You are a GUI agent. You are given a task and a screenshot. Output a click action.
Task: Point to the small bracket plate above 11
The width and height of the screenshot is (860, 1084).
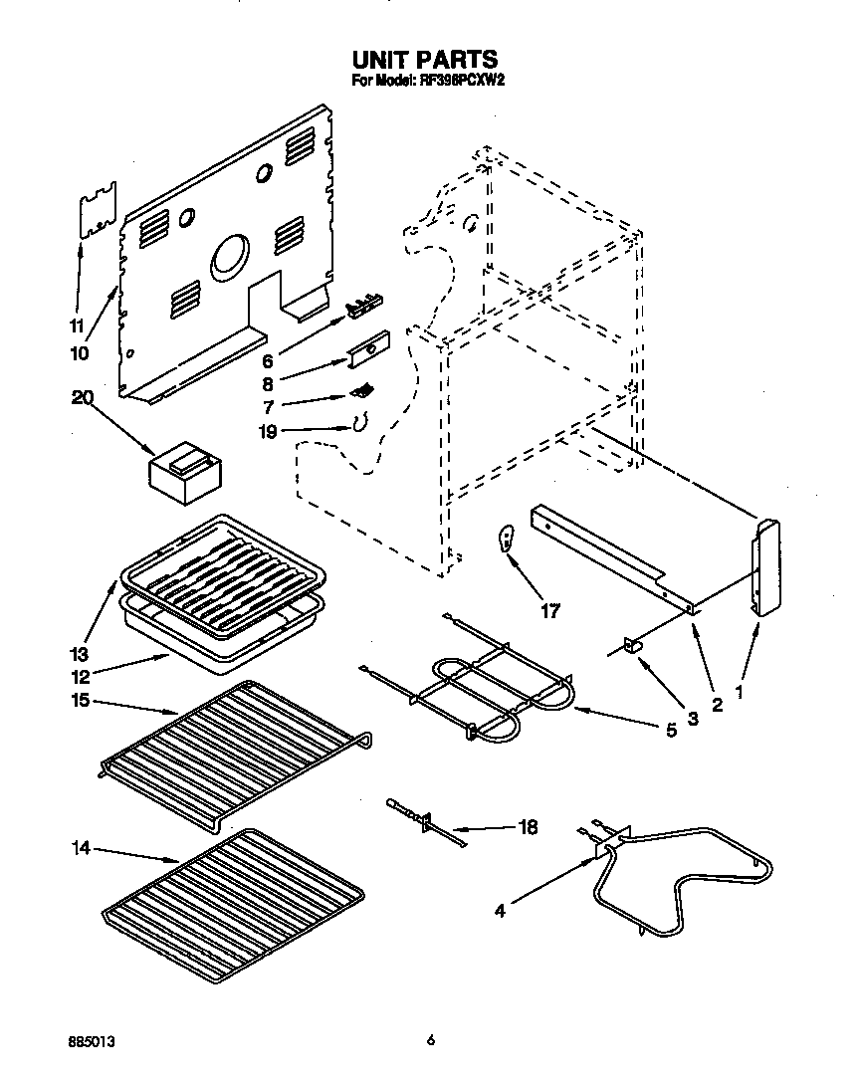pyautogui.click(x=97, y=210)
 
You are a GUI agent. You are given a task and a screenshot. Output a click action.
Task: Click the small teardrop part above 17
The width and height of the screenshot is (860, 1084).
pyautogui.click(x=507, y=540)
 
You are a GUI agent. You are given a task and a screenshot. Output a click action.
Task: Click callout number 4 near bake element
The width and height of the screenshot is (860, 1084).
pyautogui.click(x=501, y=909)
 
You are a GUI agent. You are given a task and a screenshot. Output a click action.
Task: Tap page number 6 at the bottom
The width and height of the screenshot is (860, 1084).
pyautogui.click(x=430, y=1040)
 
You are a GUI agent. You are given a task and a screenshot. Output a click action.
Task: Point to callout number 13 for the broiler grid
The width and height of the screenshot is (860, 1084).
pyautogui.click(x=79, y=655)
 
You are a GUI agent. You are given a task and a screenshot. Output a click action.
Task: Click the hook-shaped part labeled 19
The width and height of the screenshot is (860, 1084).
pyautogui.click(x=354, y=424)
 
